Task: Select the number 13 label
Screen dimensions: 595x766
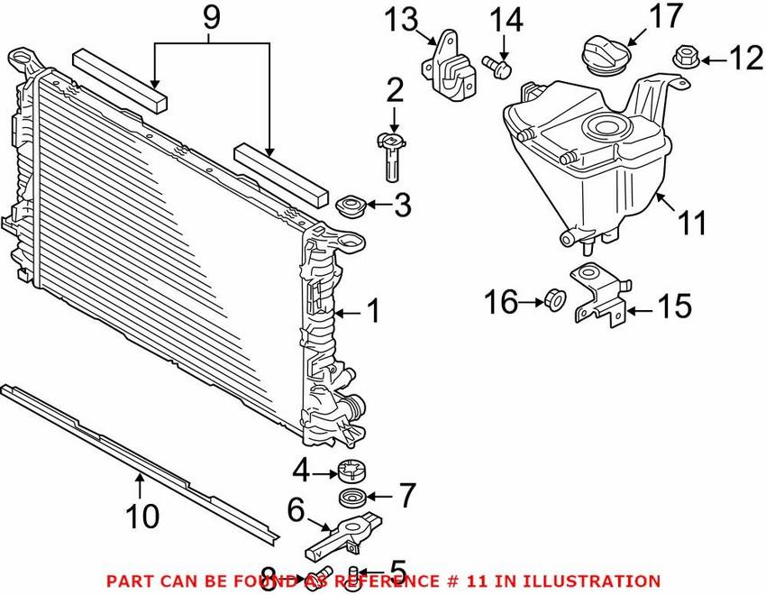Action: click(401, 19)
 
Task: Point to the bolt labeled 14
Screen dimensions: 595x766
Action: click(497, 66)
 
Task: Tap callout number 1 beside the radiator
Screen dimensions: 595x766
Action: click(372, 313)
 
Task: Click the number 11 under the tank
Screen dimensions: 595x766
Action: click(692, 223)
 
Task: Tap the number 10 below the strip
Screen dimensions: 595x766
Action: click(141, 516)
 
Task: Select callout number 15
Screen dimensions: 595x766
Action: click(675, 307)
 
